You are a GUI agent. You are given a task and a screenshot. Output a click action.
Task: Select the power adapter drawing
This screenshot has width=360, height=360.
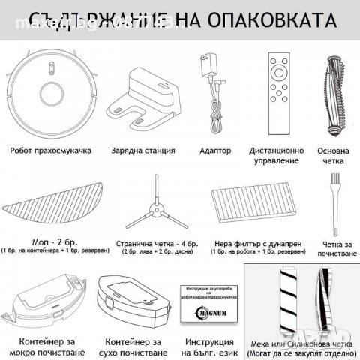[208, 82]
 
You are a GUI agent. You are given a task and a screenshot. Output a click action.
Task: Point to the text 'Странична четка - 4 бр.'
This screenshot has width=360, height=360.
[154, 242]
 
